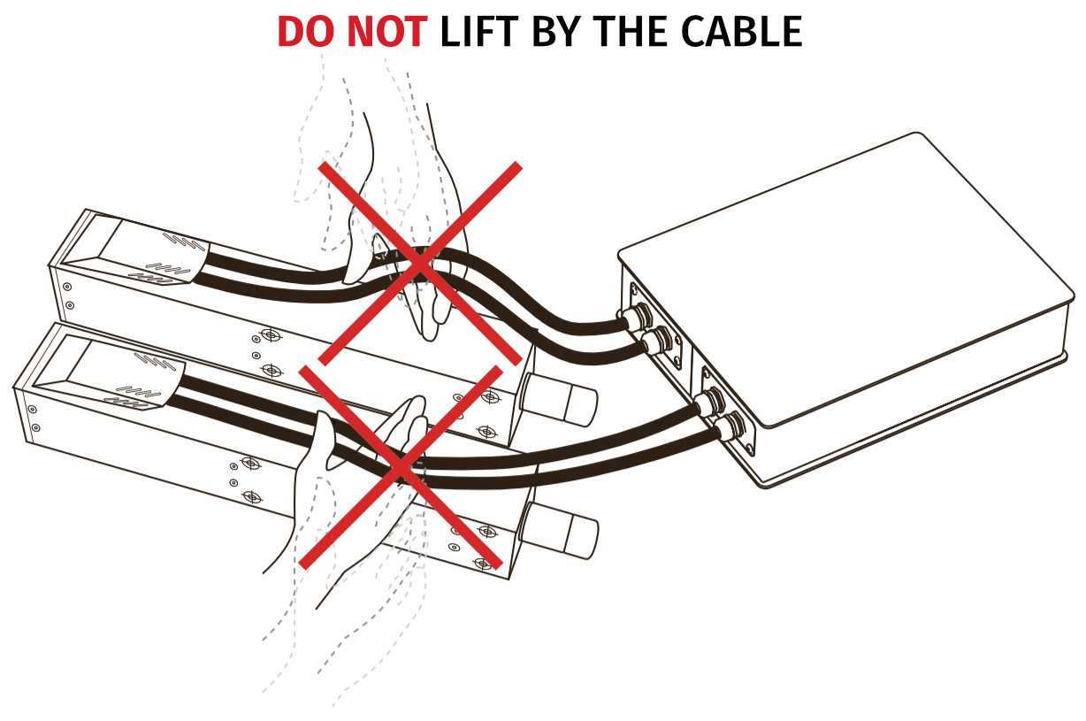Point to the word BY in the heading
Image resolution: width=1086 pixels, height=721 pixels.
(556, 33)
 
